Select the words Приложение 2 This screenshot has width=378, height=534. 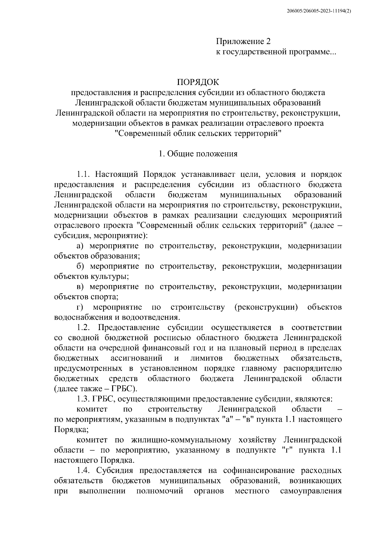[243, 41]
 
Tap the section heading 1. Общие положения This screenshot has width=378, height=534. [198, 154]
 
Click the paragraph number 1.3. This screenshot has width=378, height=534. [83, 399]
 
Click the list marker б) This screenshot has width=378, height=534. [81, 266]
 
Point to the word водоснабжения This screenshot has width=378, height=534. [77, 317]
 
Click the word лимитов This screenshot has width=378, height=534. [206, 358]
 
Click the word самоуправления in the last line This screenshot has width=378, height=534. [311, 491]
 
